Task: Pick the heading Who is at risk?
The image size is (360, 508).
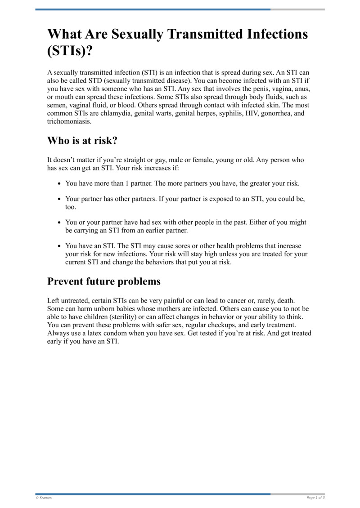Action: click(82, 141)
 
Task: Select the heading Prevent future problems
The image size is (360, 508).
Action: click(104, 281)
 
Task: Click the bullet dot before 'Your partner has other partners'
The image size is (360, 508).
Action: click(60, 199)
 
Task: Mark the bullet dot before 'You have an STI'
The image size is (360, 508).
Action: click(60, 246)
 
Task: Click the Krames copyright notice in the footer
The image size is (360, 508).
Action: click(44, 498)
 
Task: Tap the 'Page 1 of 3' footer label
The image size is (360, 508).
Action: click(315, 498)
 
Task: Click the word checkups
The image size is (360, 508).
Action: click(225, 325)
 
